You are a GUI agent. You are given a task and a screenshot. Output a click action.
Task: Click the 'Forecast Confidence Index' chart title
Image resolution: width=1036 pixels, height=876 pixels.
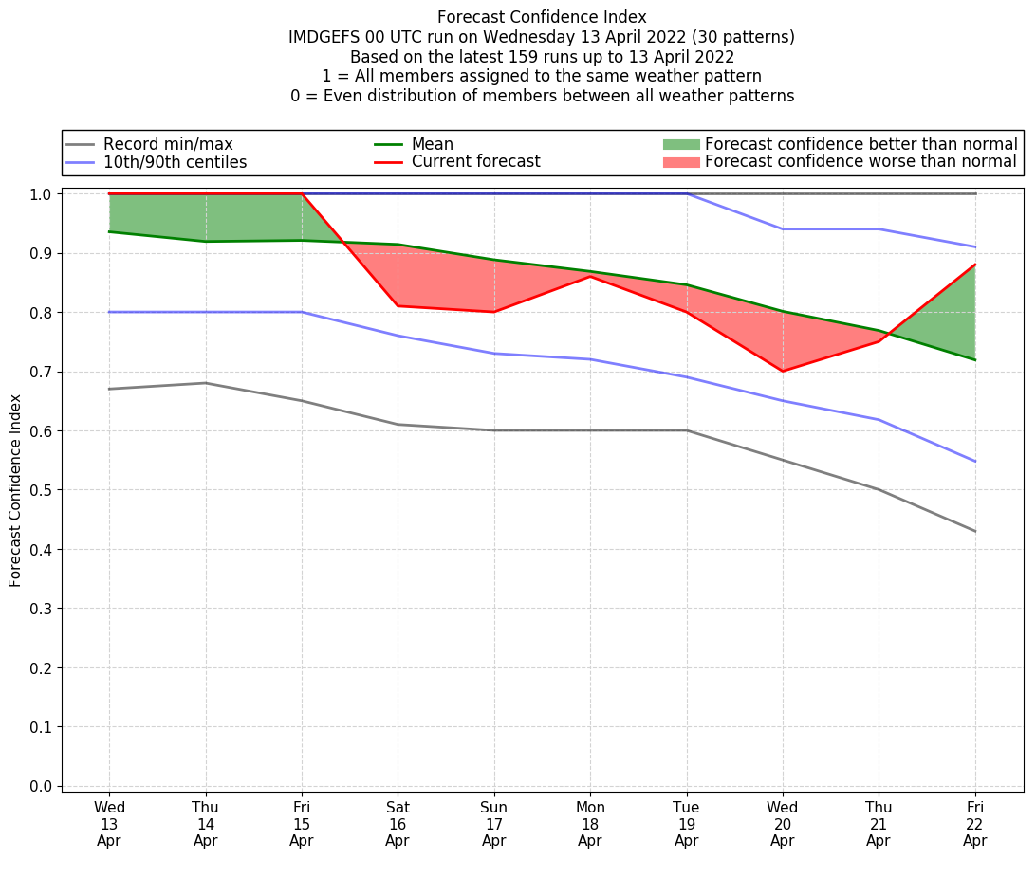point(542,17)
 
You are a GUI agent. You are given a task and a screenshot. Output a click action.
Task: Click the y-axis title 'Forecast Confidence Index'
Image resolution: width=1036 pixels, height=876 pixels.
point(15,490)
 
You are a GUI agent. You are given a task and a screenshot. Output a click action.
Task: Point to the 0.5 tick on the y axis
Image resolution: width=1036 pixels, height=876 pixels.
point(41,490)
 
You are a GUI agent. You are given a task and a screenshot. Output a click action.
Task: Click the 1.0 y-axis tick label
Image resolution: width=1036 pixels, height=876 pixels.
point(41,193)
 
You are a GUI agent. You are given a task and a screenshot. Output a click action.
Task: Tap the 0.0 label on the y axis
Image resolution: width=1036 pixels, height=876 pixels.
point(41,786)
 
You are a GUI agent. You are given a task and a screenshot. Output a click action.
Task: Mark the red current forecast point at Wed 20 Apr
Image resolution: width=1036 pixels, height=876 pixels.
point(783,371)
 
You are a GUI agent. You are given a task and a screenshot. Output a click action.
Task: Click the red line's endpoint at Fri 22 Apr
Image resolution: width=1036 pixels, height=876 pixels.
point(974,265)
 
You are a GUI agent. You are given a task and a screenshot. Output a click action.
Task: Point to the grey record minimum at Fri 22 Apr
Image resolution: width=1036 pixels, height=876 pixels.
point(974,531)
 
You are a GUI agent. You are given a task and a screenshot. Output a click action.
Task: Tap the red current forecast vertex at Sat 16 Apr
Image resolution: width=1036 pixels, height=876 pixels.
point(398,305)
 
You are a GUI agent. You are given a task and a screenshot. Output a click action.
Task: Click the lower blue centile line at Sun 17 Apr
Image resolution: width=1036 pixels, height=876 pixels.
point(493,354)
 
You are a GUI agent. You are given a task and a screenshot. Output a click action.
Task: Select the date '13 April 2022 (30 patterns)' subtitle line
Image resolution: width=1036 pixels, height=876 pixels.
point(542,37)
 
